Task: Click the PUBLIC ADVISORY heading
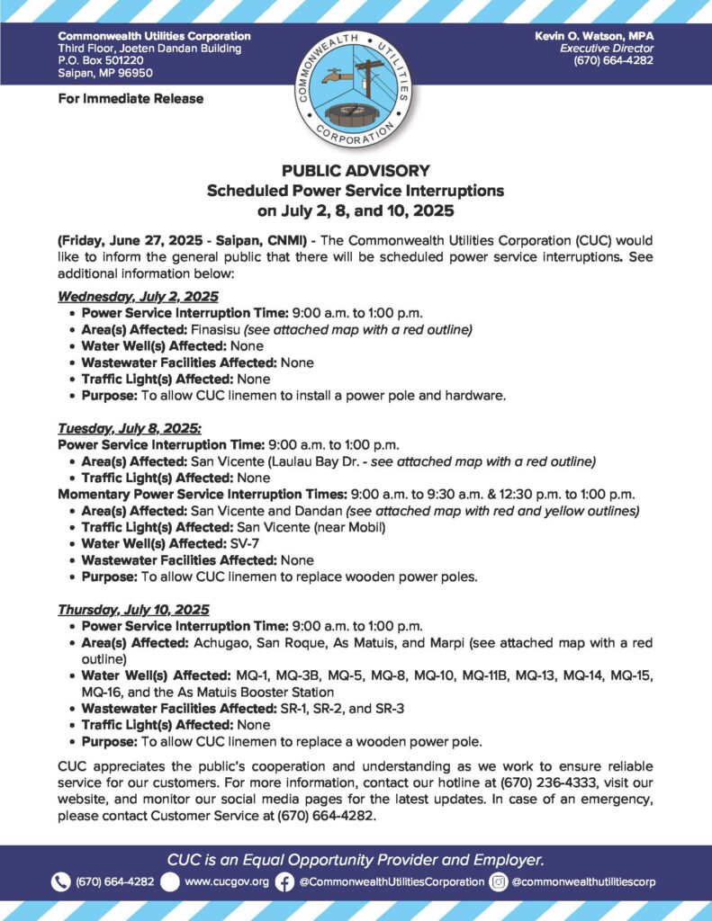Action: [356, 170]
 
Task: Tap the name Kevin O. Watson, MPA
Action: [594, 35]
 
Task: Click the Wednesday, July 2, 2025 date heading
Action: [138, 296]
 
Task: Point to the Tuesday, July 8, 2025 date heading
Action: [130, 428]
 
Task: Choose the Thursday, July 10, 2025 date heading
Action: [133, 608]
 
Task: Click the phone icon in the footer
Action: [61, 881]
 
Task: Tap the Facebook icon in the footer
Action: [284, 881]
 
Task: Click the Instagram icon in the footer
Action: [499, 881]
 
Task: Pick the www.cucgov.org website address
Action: [226, 881]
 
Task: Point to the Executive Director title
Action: [606, 48]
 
